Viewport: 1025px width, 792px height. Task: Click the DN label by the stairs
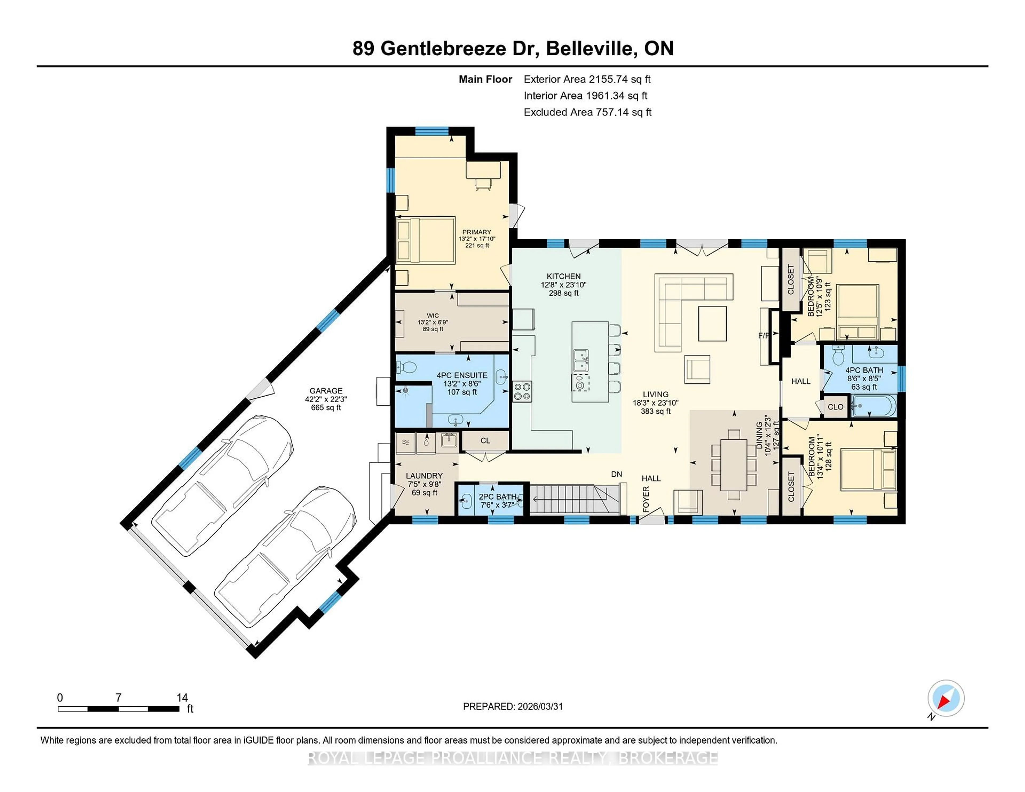pos(616,474)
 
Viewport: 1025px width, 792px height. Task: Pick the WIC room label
pos(433,315)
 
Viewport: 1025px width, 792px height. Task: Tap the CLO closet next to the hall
pos(835,407)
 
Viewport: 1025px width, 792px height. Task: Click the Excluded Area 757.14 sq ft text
pos(587,112)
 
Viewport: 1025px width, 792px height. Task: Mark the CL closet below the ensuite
pos(485,441)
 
